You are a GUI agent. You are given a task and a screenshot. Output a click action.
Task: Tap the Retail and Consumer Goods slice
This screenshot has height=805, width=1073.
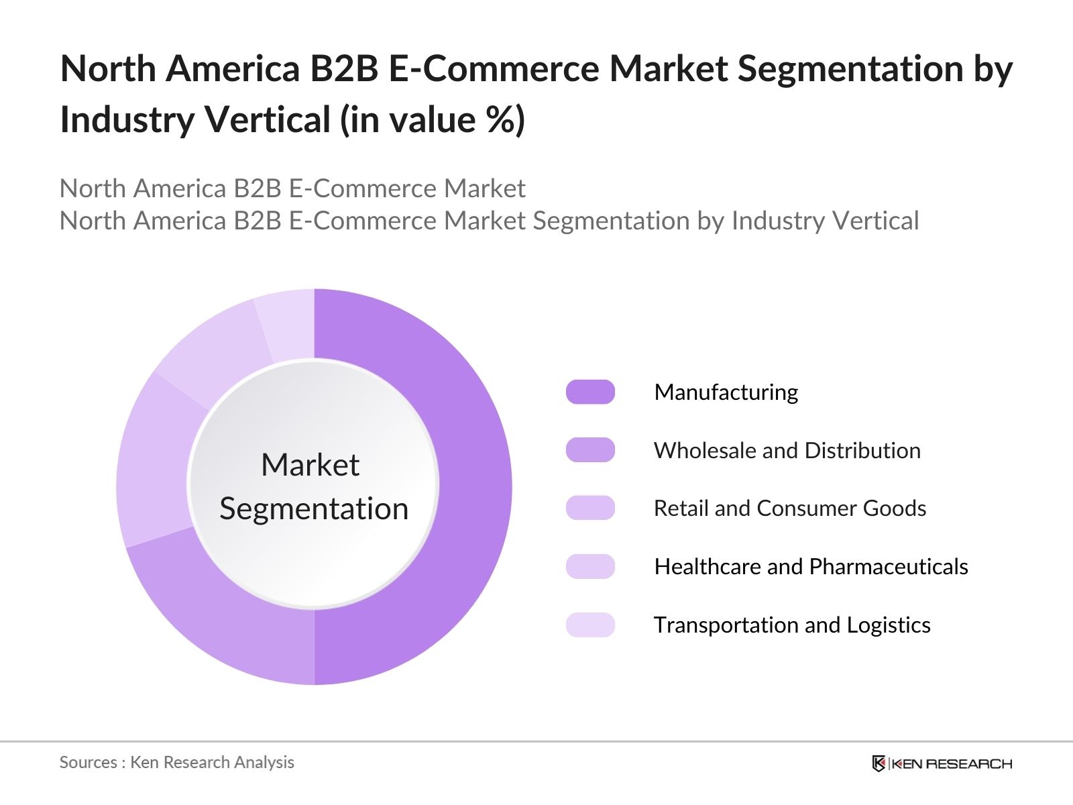pyautogui.click(x=153, y=463)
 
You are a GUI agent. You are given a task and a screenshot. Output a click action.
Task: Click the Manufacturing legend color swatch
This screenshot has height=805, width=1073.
pyautogui.click(x=590, y=392)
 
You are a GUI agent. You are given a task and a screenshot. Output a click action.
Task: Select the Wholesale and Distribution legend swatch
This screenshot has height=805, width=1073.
pyautogui.click(x=590, y=450)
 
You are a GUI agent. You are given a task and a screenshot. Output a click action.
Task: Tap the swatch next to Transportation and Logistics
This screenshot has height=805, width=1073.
pyautogui.click(x=590, y=625)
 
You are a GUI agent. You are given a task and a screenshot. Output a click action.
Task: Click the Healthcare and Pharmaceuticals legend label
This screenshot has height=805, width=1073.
pyautogui.click(x=811, y=567)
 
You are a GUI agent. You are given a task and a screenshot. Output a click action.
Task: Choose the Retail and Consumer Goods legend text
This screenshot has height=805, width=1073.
pyautogui.click(x=789, y=508)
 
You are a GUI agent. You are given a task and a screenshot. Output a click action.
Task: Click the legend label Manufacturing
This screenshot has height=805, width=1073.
pyautogui.click(x=726, y=392)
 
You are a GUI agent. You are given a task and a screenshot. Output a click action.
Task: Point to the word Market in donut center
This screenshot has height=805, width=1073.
pyautogui.click(x=310, y=465)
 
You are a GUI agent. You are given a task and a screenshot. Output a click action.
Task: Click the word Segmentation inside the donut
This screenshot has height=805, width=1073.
pyautogui.click(x=314, y=508)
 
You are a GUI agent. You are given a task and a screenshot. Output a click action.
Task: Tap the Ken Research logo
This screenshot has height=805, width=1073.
pyautogui.click(x=942, y=763)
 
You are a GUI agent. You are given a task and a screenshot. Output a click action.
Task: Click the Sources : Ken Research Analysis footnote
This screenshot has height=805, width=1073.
pyautogui.click(x=176, y=762)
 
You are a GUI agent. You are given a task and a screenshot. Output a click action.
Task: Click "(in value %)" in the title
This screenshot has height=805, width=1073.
pyautogui.click(x=433, y=121)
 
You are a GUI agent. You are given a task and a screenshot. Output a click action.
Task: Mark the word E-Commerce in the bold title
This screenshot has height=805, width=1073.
pyautogui.click(x=494, y=69)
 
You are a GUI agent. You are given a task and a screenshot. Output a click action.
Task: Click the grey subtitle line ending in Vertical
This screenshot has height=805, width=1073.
pyautogui.click(x=489, y=221)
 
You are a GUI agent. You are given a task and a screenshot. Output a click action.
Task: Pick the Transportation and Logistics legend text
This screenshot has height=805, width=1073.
pyautogui.click(x=792, y=625)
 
